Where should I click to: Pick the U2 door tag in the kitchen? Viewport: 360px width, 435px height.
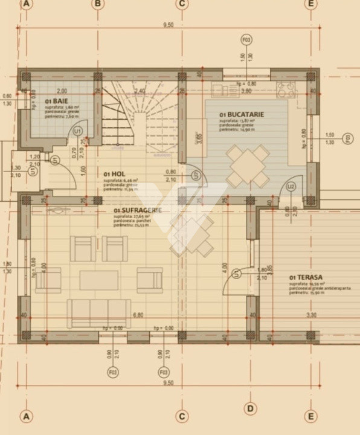point(291,187)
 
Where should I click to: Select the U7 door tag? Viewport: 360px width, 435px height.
point(195,176)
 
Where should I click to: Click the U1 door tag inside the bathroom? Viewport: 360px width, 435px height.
point(77,130)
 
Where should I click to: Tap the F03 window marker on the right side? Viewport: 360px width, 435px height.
point(347,139)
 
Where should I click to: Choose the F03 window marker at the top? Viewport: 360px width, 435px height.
point(246,40)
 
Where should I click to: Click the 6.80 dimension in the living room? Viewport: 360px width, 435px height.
point(138,315)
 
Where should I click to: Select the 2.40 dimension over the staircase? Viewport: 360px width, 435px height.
point(140,91)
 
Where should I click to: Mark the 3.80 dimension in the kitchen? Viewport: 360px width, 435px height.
point(246,91)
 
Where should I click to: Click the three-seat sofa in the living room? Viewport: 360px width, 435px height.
point(98,313)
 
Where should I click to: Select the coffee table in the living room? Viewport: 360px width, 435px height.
point(99,280)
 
